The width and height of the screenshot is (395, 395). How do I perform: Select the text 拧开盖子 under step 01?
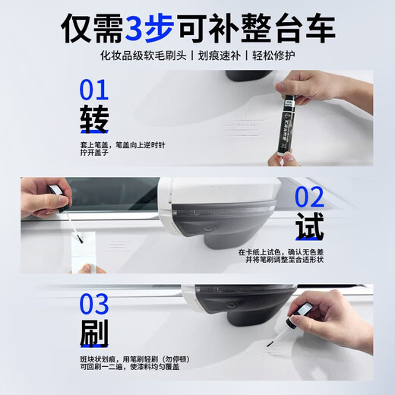coord(95,153)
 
